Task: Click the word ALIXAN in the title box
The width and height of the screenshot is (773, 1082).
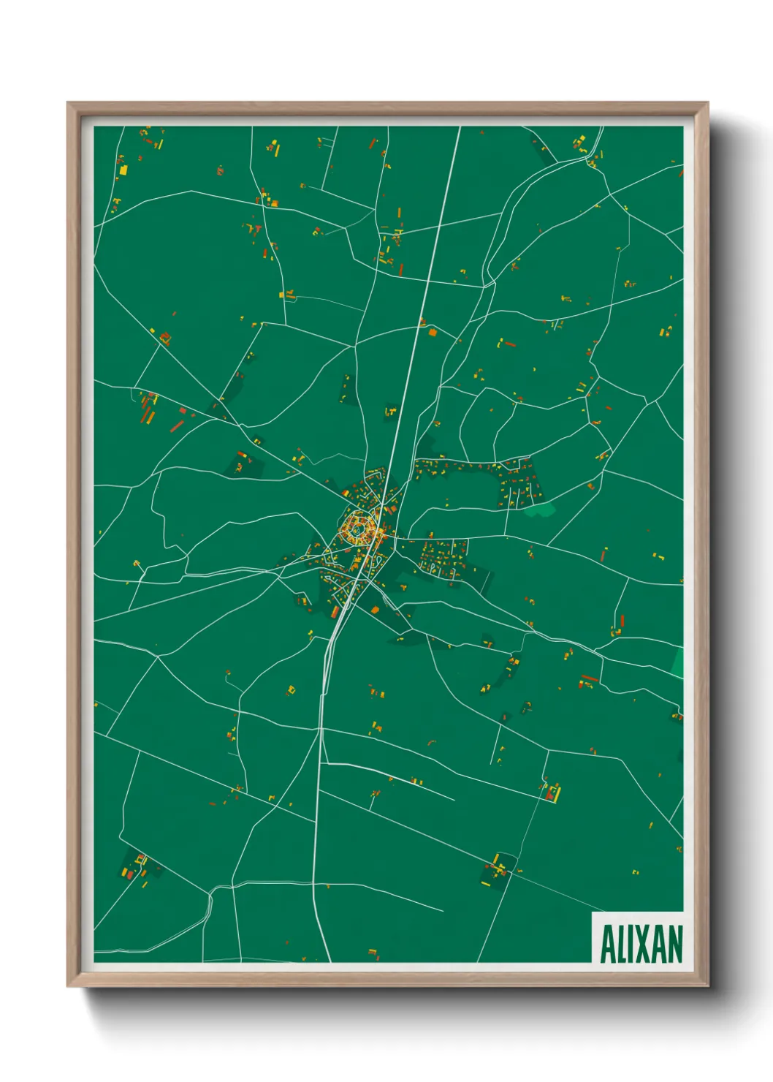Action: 641,944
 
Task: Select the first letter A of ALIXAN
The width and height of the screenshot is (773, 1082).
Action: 607,944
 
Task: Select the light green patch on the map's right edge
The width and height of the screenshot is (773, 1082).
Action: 678,662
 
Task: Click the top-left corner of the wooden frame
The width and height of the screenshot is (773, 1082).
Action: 69,103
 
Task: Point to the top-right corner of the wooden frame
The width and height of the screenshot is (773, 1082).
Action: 707,103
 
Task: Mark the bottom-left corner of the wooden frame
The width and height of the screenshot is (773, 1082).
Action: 69,985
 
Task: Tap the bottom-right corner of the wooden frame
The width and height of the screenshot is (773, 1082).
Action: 707,985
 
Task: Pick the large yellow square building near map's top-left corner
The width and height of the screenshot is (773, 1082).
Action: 123,170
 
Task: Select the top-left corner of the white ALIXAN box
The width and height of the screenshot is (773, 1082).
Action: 593,912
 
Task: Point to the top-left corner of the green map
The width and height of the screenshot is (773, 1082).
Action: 94,126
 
